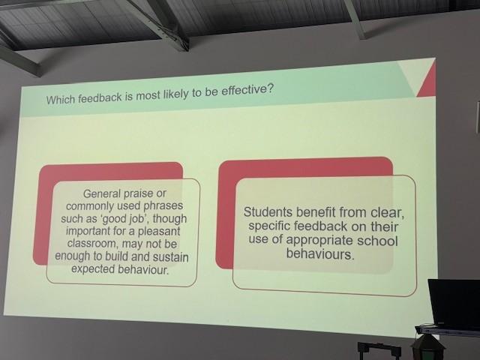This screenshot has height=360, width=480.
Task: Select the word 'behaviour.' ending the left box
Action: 143,270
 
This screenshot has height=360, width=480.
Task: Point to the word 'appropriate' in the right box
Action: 319,241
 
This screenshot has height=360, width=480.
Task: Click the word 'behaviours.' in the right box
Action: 320,254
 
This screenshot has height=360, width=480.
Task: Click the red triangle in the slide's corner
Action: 429,82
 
